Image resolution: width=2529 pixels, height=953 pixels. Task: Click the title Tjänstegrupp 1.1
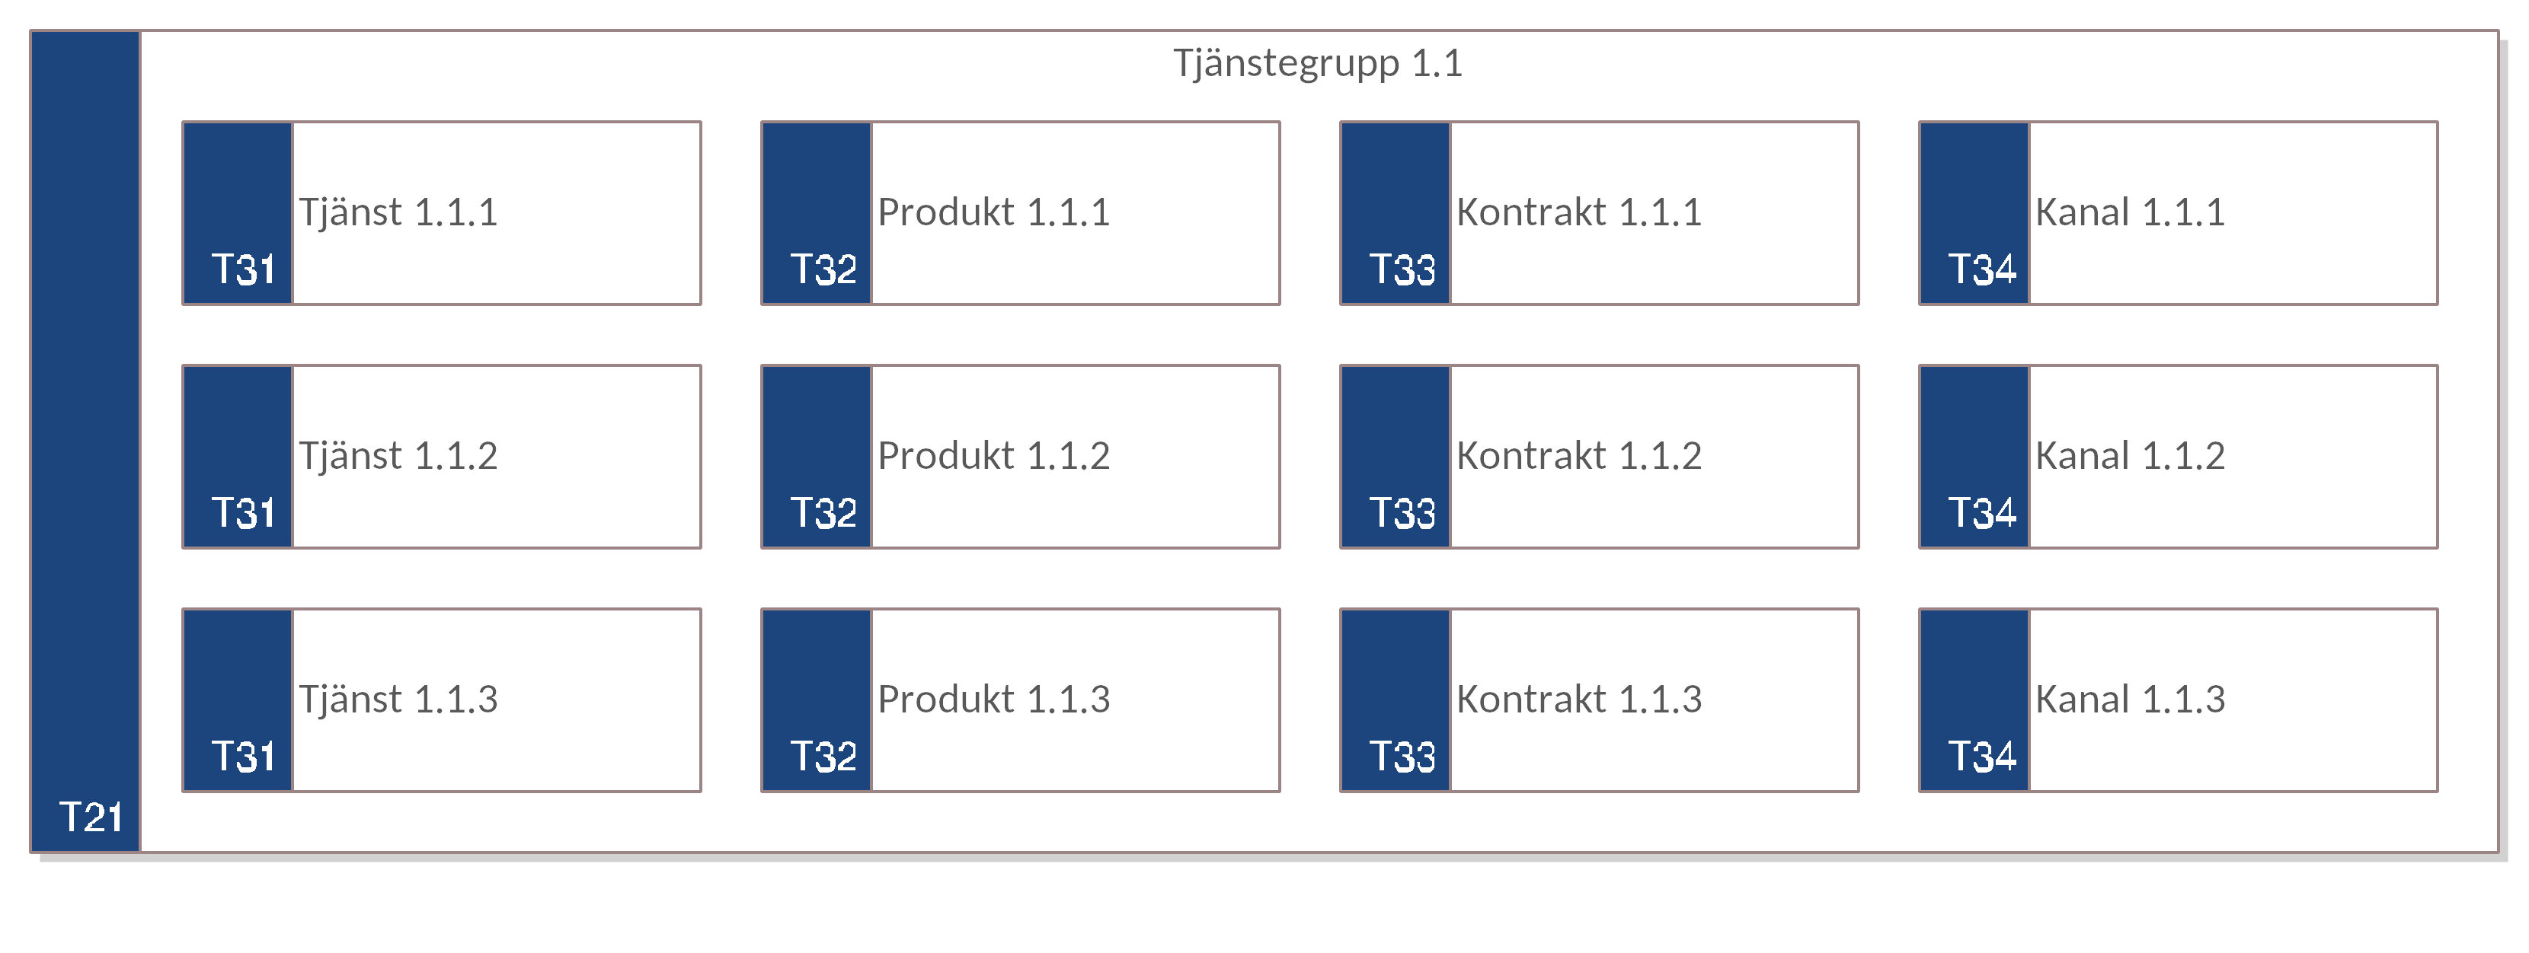pos(1318,65)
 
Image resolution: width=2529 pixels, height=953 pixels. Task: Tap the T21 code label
pos(91,817)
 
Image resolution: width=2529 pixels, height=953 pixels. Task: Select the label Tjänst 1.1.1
pos(398,212)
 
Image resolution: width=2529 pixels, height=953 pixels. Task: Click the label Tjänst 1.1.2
pos(398,455)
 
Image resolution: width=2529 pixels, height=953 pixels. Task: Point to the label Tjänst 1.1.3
pos(398,699)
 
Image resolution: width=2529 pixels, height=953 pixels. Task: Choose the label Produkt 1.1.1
pos(993,212)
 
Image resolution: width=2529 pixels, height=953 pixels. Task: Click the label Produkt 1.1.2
pos(993,455)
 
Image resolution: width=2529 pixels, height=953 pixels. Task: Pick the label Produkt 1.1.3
pos(993,699)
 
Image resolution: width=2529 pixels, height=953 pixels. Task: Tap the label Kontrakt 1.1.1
pos(1578,212)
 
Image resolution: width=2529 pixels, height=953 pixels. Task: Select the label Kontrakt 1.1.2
pos(1578,455)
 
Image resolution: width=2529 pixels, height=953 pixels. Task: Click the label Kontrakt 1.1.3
pos(1578,699)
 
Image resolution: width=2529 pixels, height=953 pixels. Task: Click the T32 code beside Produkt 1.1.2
pos(823,512)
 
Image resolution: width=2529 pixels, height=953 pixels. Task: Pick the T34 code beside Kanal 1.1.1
pos(1982,269)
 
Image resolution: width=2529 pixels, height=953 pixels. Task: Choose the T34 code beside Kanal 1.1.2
pos(1982,512)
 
